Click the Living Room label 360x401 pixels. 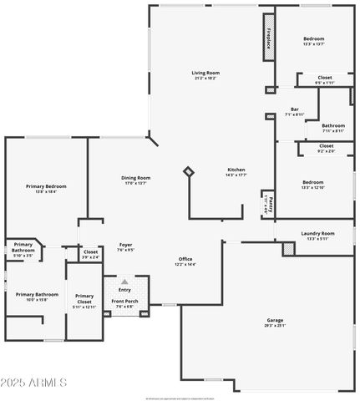(205, 73)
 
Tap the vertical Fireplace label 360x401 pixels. (269, 37)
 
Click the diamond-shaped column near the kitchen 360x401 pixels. (189, 171)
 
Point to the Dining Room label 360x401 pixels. (136, 177)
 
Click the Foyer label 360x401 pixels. (125, 245)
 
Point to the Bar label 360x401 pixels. (295, 109)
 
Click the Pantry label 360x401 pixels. (267, 203)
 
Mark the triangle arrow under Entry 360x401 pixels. (125, 282)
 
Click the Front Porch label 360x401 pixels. (125, 303)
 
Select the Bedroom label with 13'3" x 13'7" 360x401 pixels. (313, 39)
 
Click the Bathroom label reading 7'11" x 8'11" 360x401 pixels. (332, 126)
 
